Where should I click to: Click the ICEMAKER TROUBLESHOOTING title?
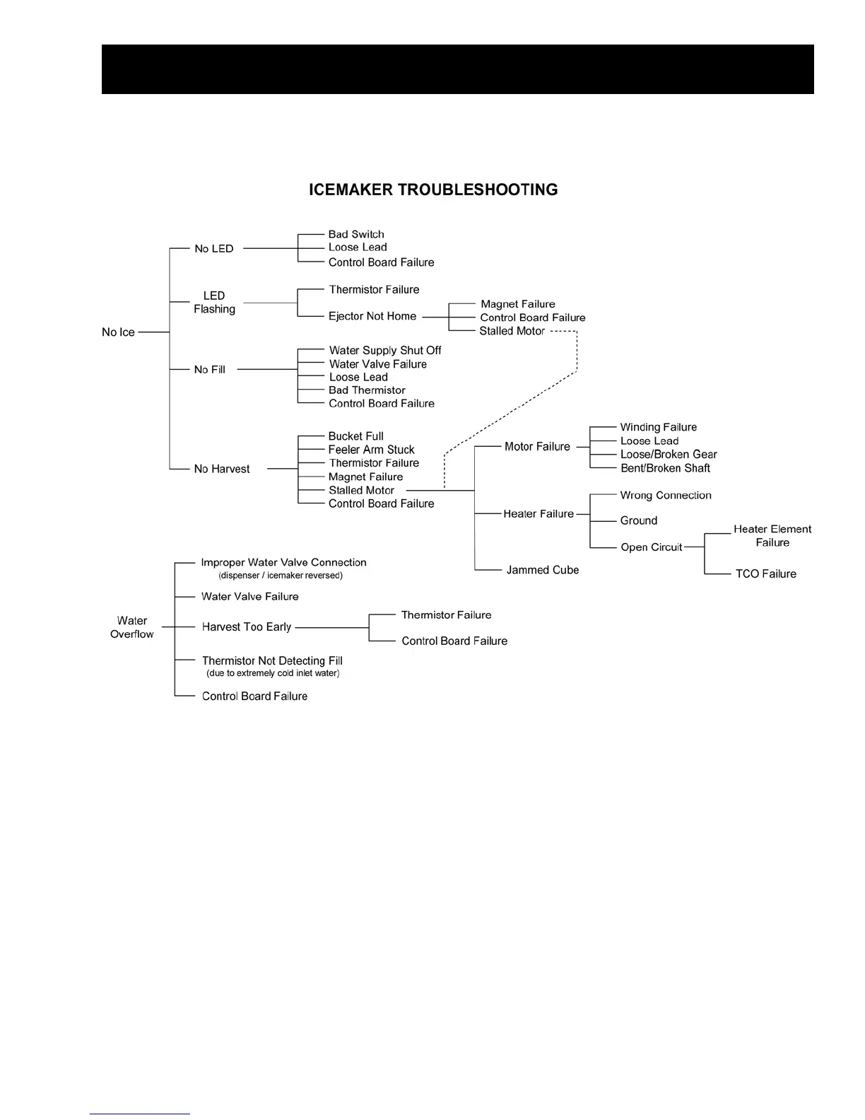click(433, 189)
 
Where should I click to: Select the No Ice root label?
click(118, 332)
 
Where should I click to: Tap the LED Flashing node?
click(214, 303)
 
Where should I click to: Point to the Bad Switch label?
click(356, 234)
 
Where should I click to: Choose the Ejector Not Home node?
click(372, 316)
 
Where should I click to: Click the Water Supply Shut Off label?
click(385, 350)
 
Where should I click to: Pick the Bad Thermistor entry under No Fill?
click(367, 390)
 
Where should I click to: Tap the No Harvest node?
click(222, 469)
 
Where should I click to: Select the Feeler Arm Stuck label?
click(371, 450)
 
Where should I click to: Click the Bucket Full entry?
click(355, 436)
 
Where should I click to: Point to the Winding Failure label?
click(658, 427)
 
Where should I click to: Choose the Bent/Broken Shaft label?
click(665, 468)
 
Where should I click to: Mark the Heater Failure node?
click(539, 514)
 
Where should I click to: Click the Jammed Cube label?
click(543, 570)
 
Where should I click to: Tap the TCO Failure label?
click(765, 574)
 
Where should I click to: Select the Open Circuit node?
click(651, 547)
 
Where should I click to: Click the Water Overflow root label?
click(132, 627)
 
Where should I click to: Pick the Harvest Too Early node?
click(247, 627)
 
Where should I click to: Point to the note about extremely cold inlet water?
click(273, 673)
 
